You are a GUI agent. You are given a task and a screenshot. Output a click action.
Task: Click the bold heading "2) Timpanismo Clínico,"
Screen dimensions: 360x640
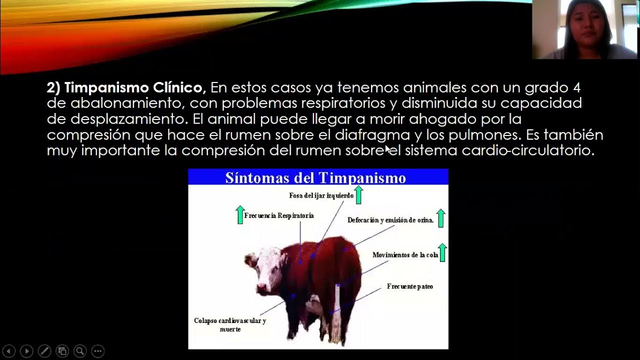point(126,88)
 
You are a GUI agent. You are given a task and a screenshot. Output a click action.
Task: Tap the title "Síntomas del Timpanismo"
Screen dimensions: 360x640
point(315,178)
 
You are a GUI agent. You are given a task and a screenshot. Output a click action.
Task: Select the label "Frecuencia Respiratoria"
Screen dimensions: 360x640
point(279,215)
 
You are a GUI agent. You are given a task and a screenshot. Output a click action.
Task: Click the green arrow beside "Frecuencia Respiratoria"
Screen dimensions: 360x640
point(240,214)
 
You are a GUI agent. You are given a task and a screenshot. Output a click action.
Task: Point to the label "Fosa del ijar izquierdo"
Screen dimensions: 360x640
point(321,195)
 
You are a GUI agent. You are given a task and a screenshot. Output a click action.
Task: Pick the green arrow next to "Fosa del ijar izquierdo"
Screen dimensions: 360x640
point(358,194)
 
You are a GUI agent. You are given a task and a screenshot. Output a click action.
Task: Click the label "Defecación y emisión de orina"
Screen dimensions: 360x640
point(390,220)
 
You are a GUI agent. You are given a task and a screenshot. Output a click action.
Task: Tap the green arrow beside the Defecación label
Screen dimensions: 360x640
point(440,218)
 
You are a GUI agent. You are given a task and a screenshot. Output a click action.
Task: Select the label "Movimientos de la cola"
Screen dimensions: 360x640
point(405,255)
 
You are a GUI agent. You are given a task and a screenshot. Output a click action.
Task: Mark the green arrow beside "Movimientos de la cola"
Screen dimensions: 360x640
point(442,252)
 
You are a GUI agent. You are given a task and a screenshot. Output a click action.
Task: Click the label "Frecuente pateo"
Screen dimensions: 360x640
point(410,286)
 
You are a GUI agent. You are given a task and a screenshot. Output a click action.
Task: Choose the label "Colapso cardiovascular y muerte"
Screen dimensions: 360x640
point(230,325)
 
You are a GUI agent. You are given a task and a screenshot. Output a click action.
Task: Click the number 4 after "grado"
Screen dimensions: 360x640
point(577,88)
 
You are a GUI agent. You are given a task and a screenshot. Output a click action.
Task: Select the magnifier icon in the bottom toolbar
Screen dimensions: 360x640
point(80,351)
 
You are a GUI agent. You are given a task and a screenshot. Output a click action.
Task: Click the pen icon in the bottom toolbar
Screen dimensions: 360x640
point(44,351)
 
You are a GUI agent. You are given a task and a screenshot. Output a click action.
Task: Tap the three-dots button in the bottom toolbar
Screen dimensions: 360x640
point(98,351)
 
